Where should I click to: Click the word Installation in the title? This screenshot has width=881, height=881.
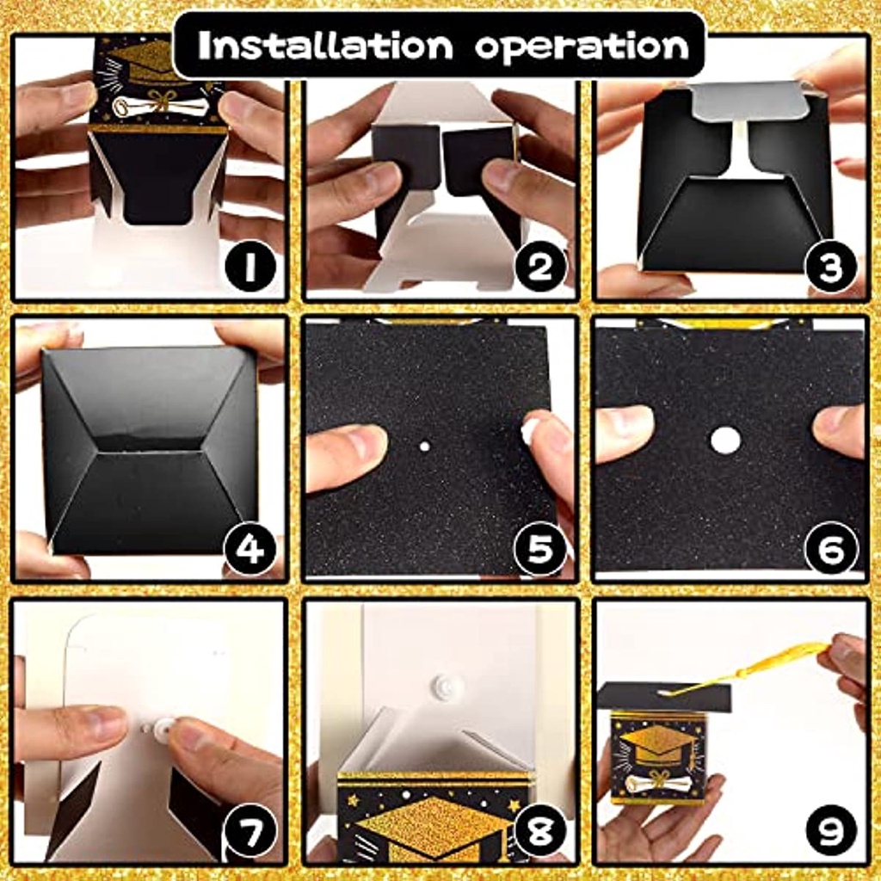click(325, 45)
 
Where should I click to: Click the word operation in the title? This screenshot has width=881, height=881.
click(582, 47)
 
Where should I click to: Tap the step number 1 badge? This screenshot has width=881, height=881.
click(250, 267)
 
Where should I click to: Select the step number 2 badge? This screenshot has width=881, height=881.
click(540, 267)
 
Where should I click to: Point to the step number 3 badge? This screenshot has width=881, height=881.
click(830, 267)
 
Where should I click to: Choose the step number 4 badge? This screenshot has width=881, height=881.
click(250, 549)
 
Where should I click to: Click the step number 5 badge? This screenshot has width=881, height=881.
click(540, 549)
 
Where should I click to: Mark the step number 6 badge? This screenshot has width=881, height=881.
click(830, 549)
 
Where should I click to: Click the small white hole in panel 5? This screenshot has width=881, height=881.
click(425, 447)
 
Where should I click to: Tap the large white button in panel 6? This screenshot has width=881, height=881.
click(724, 440)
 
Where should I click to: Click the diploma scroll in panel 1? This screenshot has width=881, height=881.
click(151, 105)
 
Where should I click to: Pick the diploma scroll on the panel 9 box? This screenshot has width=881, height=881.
click(656, 781)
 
